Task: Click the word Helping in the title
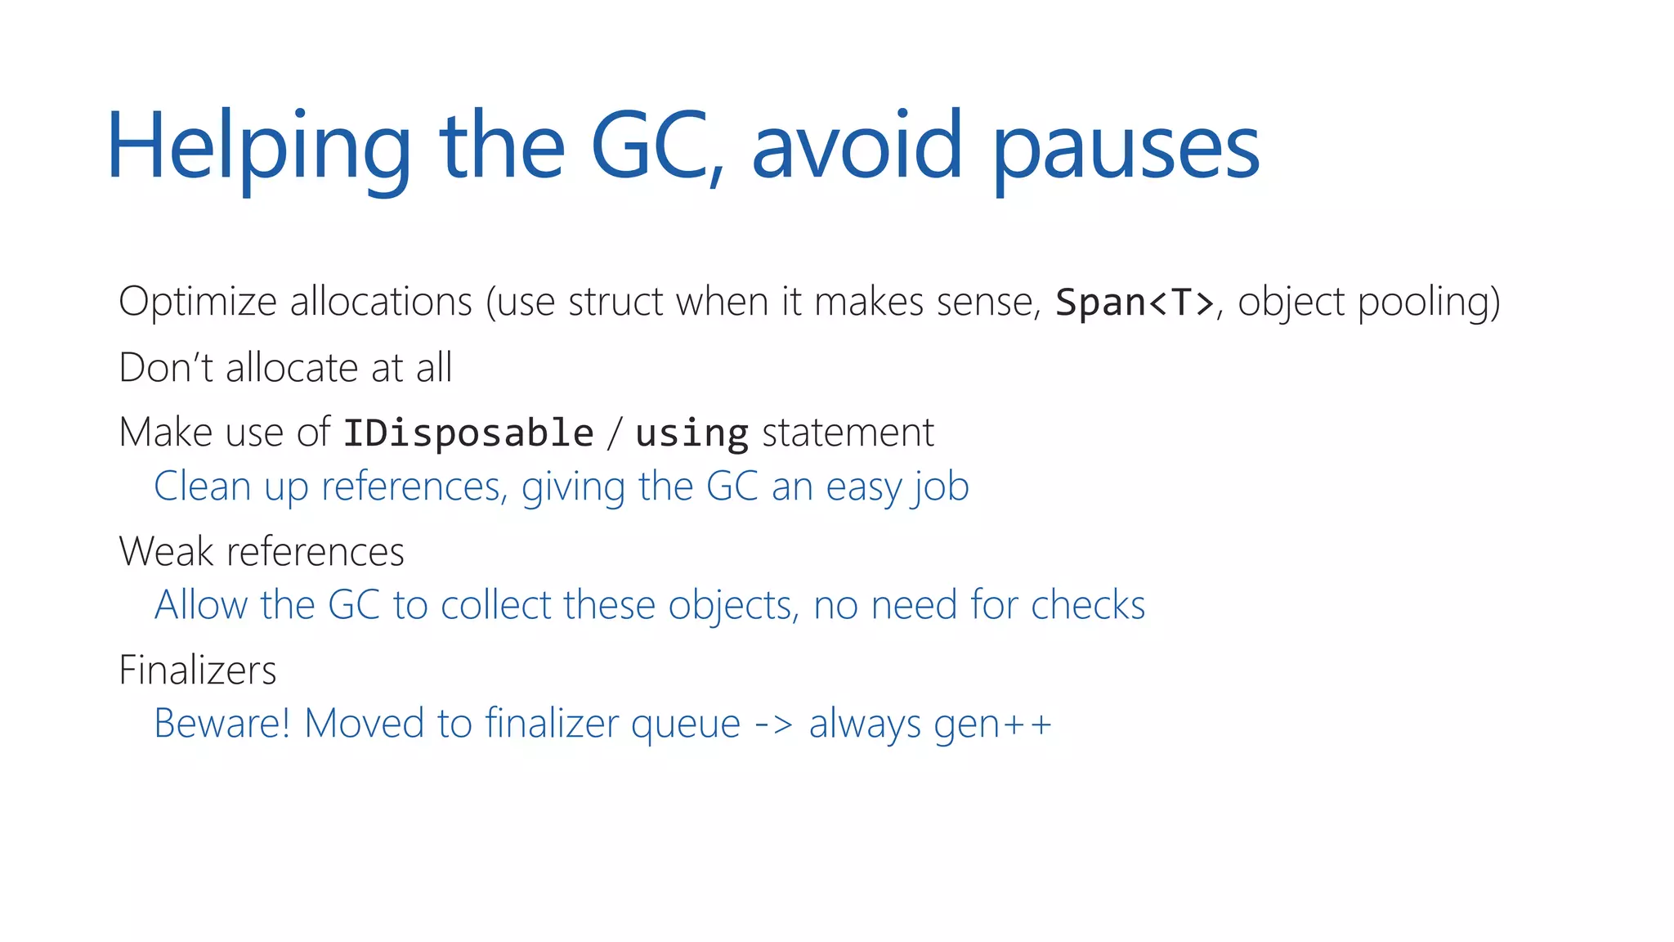pyautogui.click(x=258, y=147)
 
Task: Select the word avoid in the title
pyautogui.click(x=857, y=147)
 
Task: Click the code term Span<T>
pyautogui.click(x=1135, y=303)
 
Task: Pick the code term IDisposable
pyautogui.click(x=468, y=433)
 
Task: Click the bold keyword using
pyautogui.click(x=692, y=433)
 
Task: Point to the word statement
pyautogui.click(x=848, y=433)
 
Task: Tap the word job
pyautogui.click(x=942, y=488)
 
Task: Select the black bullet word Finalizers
pyautogui.click(x=198, y=670)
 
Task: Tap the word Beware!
pyautogui.click(x=222, y=724)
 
